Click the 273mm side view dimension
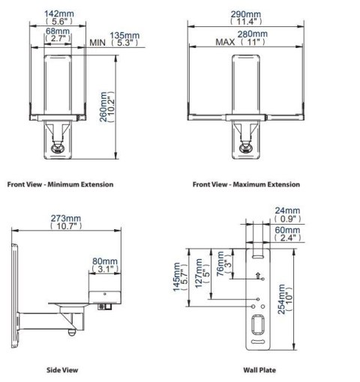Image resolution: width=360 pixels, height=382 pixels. click(x=66, y=219)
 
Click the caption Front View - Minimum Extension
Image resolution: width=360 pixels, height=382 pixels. click(x=60, y=184)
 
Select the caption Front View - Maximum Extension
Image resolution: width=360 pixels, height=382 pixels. click(x=246, y=184)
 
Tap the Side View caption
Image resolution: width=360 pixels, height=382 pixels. click(x=62, y=369)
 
